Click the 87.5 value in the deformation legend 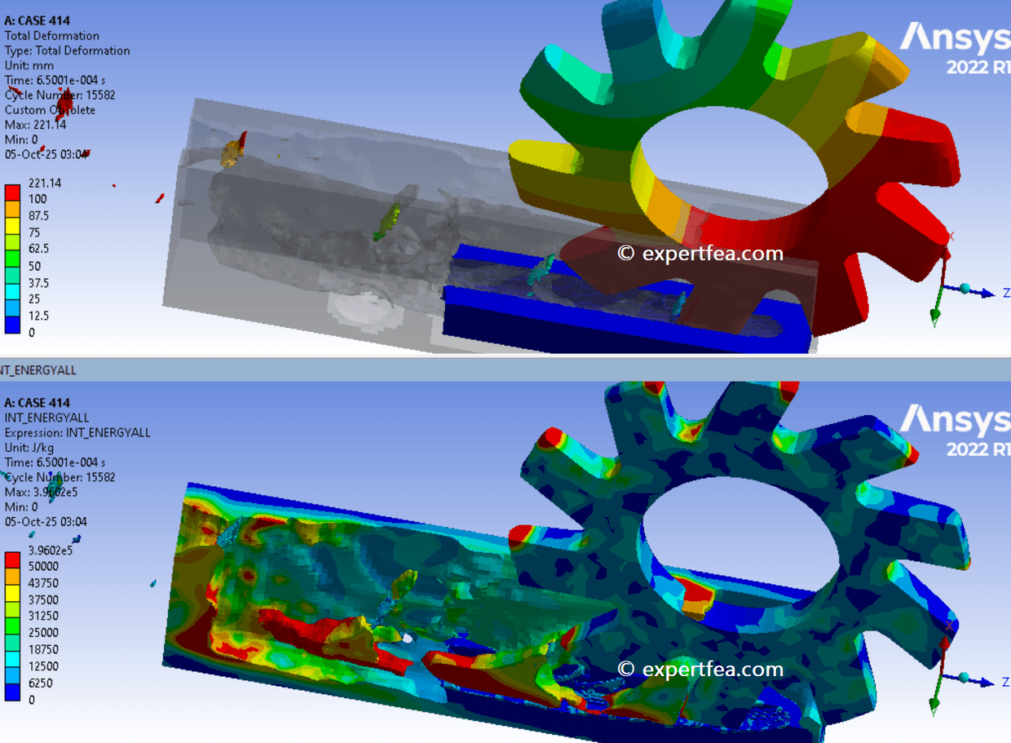[x=38, y=216]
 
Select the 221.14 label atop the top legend [x=44, y=183]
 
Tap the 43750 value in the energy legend [x=43, y=583]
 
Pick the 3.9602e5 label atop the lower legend [x=50, y=550]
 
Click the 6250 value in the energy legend [x=40, y=683]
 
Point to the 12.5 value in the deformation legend [x=38, y=316]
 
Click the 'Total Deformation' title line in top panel [x=52, y=36]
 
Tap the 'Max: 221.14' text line [x=35, y=125]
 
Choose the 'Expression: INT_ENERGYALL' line [x=77, y=433]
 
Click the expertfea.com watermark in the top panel [x=700, y=253]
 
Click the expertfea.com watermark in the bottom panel [x=700, y=670]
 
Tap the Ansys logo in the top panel [x=954, y=45]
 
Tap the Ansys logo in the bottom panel [x=954, y=427]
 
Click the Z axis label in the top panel [x=1005, y=292]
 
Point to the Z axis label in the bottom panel [x=1005, y=679]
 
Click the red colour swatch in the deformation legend [x=12, y=191]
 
